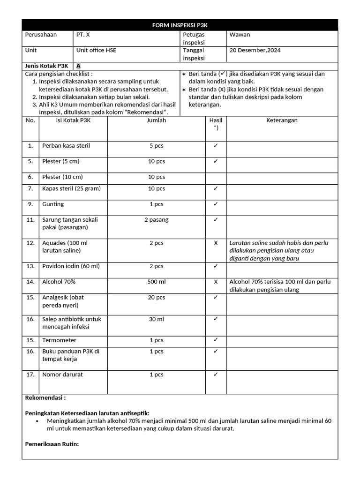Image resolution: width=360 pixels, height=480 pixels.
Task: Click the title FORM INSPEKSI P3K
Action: click(180, 25)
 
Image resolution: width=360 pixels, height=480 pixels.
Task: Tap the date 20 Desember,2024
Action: click(255, 50)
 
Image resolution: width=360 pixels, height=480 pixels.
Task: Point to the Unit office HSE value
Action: click(96, 50)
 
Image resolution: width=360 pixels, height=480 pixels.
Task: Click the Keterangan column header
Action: click(282, 120)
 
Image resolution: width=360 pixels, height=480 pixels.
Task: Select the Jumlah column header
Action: click(156, 120)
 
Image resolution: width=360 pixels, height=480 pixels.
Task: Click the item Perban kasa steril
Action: click(66, 146)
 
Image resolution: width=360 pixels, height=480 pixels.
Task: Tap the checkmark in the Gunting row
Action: click(216, 204)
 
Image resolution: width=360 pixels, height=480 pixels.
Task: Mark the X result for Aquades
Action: click(216, 243)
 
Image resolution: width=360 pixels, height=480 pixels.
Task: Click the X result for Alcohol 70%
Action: click(216, 282)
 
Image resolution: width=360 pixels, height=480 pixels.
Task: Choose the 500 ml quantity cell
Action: click(156, 282)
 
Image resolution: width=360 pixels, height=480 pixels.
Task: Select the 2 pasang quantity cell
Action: click(156, 220)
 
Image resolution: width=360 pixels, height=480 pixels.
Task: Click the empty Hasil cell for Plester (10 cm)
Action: click(216, 177)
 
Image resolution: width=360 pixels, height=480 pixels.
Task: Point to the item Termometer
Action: click(60, 340)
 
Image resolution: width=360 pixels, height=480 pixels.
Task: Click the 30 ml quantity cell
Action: click(156, 319)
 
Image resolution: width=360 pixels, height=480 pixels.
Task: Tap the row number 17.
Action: click(30, 375)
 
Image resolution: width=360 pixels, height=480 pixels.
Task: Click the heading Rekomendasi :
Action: click(45, 398)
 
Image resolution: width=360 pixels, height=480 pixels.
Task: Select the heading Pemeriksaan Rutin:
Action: click(52, 444)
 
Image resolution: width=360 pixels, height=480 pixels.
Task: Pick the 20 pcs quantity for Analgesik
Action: click(156, 298)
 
